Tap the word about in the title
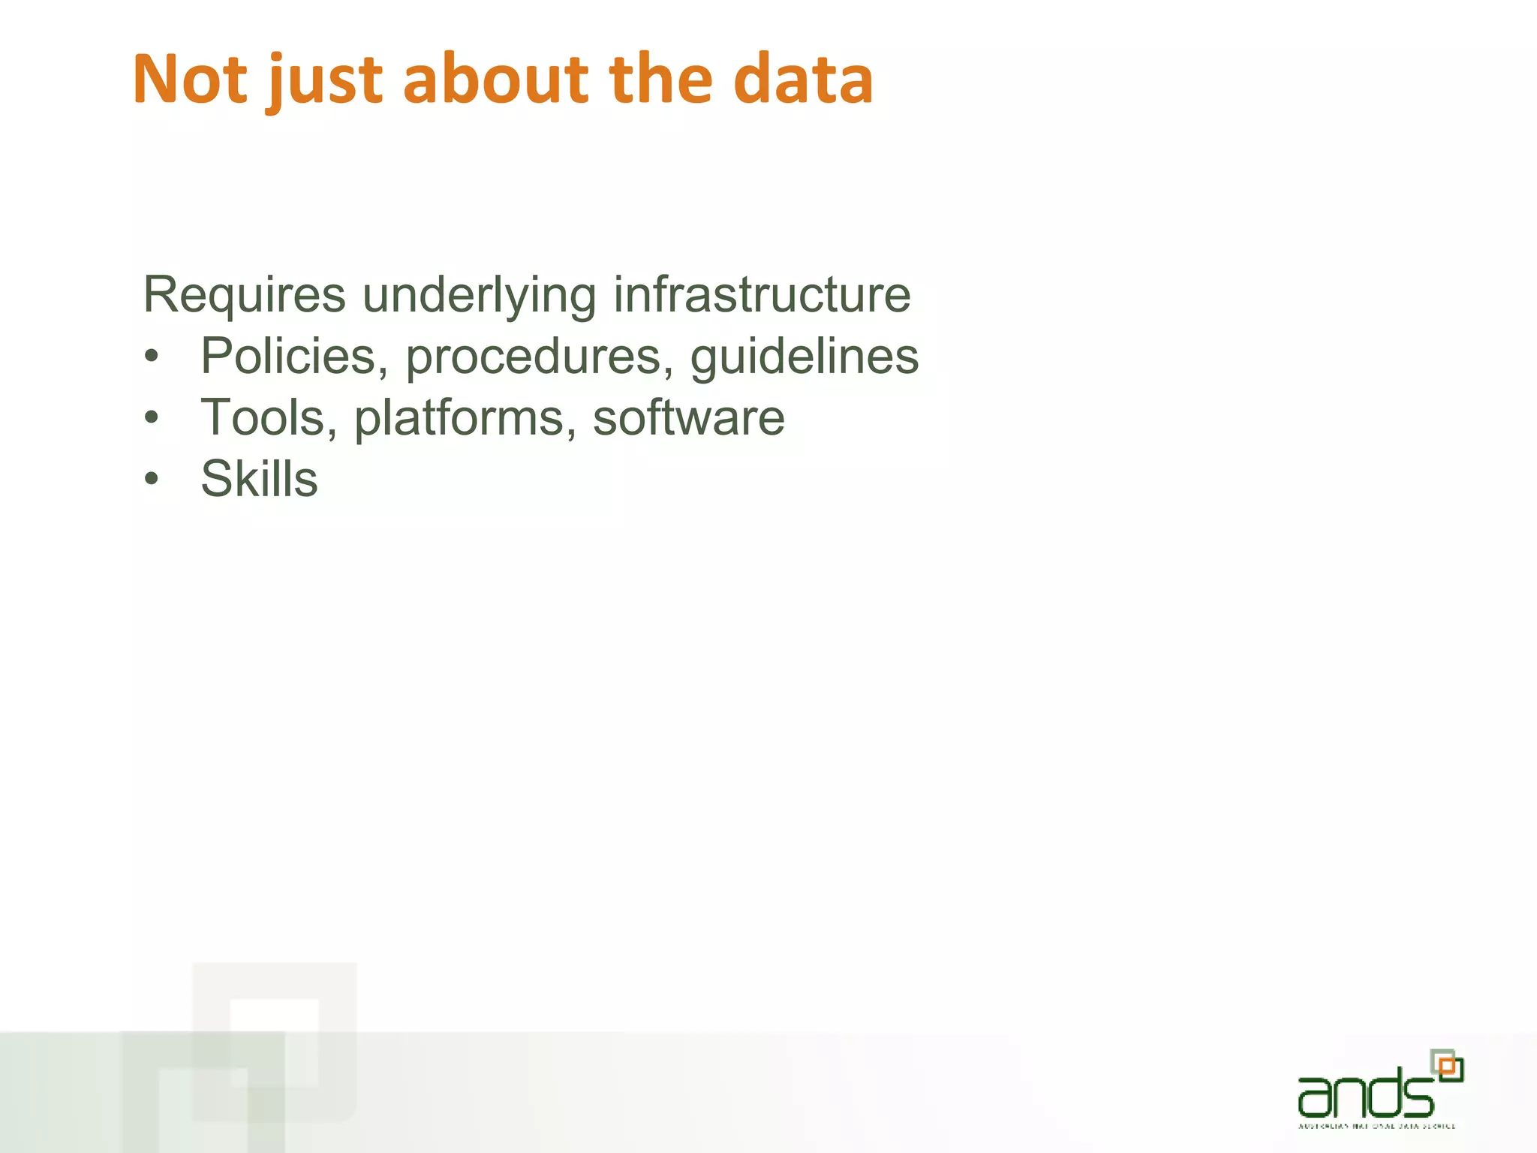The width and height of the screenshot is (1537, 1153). point(496,80)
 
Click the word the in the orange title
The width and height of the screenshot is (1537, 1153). point(660,80)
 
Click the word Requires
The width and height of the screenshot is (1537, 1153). point(244,294)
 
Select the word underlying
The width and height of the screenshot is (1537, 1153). point(479,296)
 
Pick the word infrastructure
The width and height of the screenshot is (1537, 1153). point(761,294)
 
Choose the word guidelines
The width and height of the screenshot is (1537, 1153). point(804,357)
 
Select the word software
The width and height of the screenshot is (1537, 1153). point(688,417)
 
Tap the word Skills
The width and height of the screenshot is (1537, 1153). point(259,478)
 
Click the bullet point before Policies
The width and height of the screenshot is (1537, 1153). point(152,357)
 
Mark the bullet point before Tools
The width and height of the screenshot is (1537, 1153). point(152,418)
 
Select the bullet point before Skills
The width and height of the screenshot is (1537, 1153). point(152,480)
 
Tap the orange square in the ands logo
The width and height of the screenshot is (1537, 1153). point(1448,1066)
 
